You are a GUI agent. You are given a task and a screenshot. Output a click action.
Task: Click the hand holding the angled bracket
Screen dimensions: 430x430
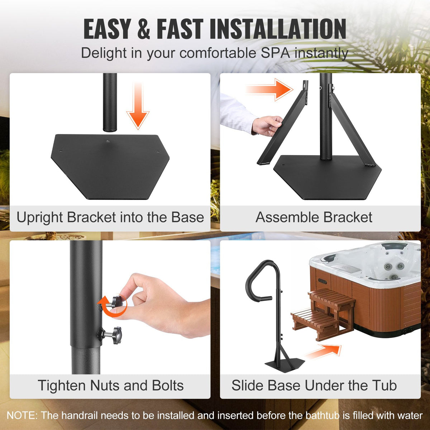coord(267,125)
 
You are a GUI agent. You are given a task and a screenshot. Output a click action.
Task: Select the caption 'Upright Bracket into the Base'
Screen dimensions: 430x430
coord(110,218)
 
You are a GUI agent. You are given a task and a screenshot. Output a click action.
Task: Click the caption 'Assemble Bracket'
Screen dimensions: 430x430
coord(314,218)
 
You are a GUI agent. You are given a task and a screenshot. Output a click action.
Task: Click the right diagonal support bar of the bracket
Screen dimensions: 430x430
coord(351,129)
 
